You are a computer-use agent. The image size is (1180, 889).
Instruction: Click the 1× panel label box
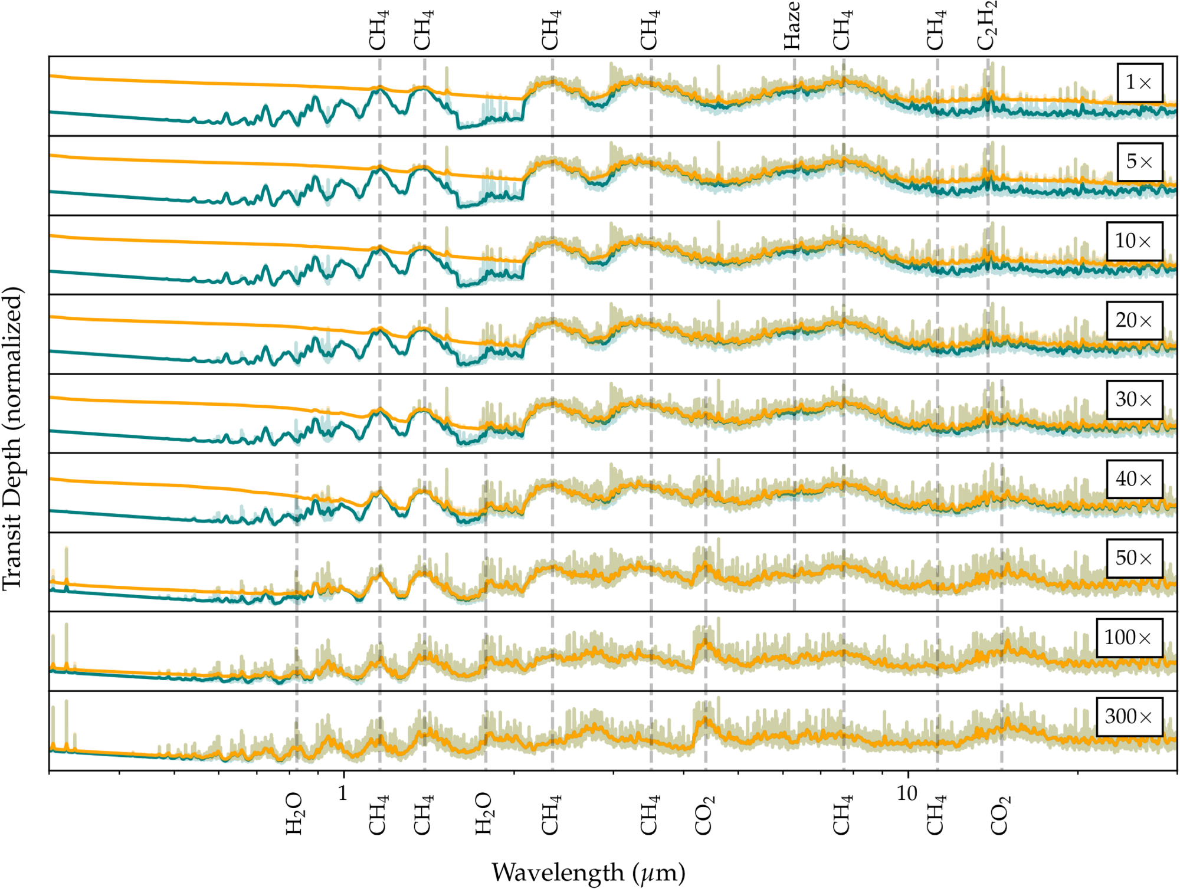tap(1139, 83)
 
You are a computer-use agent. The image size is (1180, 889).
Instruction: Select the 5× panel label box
tap(1139, 162)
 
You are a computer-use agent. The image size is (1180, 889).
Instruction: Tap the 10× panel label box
tap(1134, 241)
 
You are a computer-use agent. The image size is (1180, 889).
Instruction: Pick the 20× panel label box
tap(1134, 320)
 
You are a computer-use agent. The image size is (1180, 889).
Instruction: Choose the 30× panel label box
tap(1134, 399)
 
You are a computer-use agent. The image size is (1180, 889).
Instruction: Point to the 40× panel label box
tap(1134, 479)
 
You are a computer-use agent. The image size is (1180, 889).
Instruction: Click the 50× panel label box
tap(1134, 558)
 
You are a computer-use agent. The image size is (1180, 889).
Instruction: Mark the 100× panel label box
tap(1129, 638)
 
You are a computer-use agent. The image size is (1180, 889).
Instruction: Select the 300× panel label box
tap(1129, 717)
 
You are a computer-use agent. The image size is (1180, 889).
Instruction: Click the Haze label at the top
tap(792, 26)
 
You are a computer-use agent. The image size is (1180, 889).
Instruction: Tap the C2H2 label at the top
tap(986, 26)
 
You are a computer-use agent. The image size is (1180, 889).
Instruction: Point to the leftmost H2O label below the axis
tap(294, 814)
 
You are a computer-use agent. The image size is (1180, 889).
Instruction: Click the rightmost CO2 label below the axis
tap(1000, 815)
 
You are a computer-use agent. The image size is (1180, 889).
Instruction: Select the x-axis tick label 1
tap(343, 793)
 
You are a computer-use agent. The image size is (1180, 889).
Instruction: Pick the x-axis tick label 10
tap(907, 793)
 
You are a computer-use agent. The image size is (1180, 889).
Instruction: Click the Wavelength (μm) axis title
tap(588, 872)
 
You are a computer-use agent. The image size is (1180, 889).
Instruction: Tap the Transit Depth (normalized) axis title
tap(12, 438)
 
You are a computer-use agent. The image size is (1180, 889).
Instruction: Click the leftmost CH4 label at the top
tap(378, 30)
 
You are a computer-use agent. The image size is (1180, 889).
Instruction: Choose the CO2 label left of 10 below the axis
tap(704, 815)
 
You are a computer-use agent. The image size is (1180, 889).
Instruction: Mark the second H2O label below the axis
tap(483, 814)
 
